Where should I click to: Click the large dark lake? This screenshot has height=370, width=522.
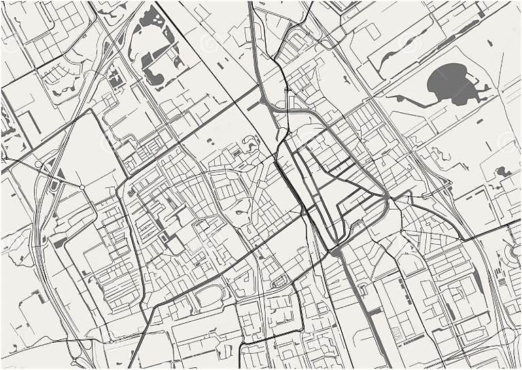[x=449, y=84]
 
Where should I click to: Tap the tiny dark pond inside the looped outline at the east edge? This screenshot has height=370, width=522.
[x=504, y=172]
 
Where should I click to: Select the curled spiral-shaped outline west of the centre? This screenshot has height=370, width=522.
[x=250, y=142]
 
